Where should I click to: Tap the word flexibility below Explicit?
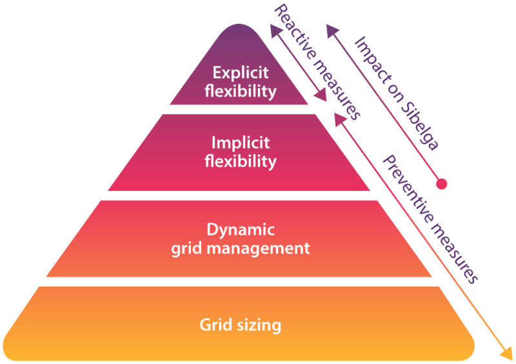tap(240, 91)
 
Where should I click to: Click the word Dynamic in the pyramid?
tap(240, 229)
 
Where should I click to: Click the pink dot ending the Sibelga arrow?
tap(442, 184)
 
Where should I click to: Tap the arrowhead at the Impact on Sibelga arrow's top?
tap(330, 28)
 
